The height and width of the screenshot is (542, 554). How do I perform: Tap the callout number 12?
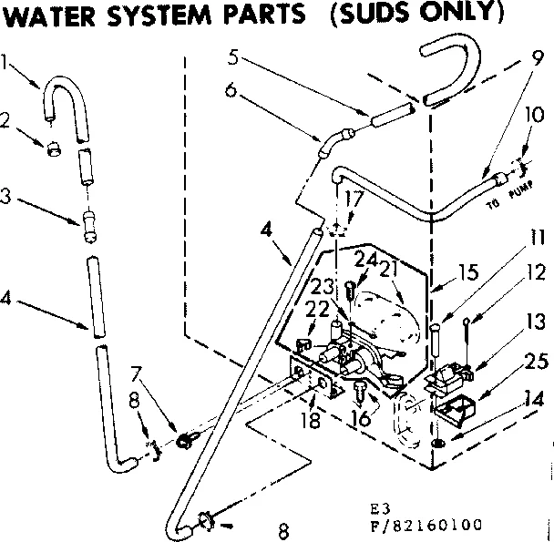534,271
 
